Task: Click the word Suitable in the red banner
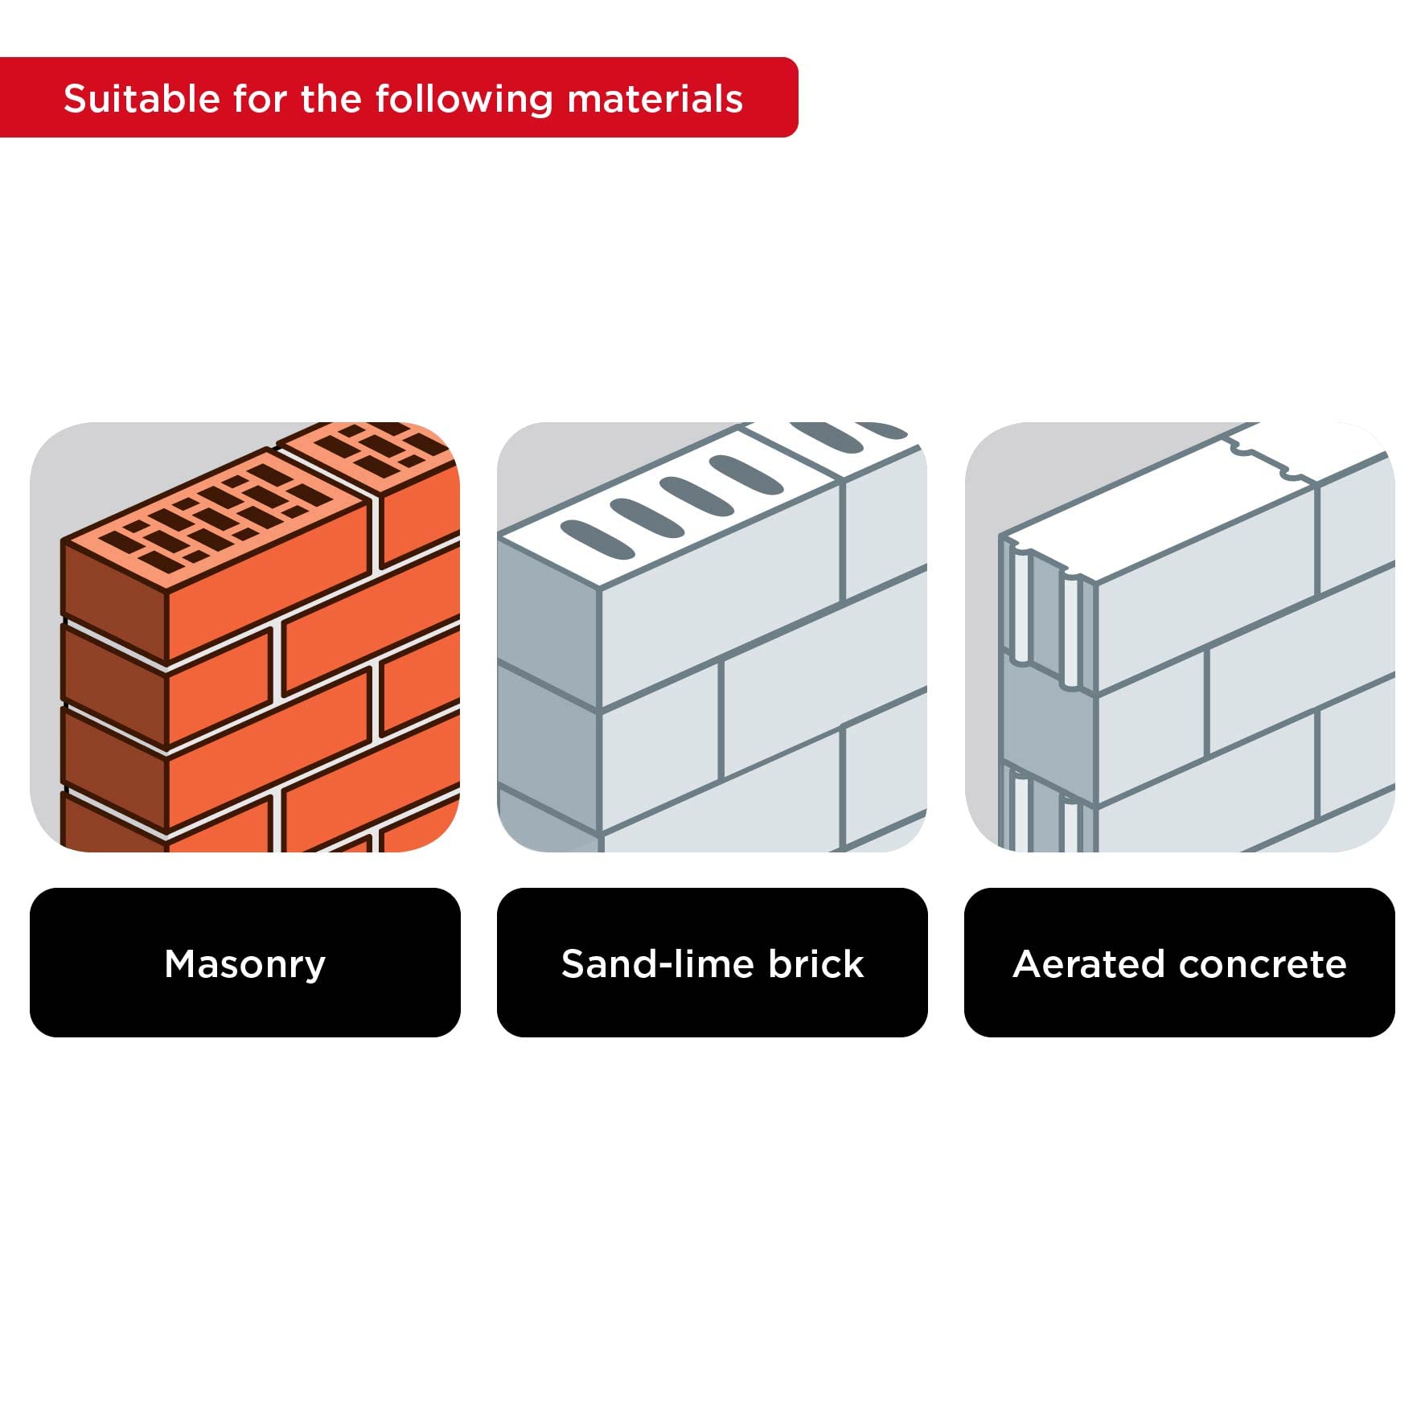[142, 99]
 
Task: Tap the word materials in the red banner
[655, 99]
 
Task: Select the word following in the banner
[464, 100]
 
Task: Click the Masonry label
[245, 963]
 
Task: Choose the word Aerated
[1088, 963]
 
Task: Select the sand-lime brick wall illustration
[712, 637]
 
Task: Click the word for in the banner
[260, 99]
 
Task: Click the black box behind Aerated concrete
[1180, 963]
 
